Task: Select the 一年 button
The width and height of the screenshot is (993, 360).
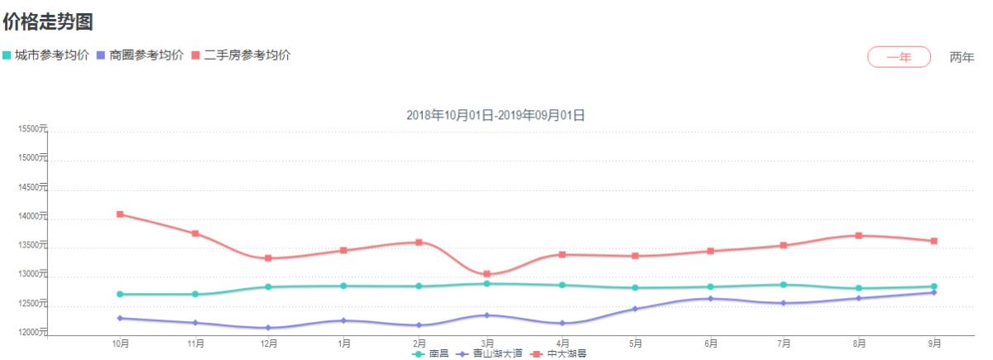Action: pos(899,57)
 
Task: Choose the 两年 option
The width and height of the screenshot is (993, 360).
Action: pos(962,57)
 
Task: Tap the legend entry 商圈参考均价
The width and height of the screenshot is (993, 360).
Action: pos(141,55)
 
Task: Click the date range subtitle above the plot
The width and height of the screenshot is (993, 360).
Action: pos(496,115)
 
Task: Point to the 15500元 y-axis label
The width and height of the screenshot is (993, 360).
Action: pos(32,129)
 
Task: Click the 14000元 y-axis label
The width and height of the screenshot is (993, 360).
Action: pos(32,217)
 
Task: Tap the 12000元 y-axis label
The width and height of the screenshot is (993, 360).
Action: pos(32,333)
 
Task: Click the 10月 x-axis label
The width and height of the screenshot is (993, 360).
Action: pos(120,343)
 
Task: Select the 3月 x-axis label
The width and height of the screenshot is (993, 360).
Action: pos(487,343)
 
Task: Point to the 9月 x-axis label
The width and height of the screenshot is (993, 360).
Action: pos(933,343)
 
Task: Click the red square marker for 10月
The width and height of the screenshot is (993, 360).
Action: pos(120,214)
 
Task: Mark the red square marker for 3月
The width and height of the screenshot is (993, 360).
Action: pos(487,274)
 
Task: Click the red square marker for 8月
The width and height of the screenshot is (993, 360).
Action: pos(859,236)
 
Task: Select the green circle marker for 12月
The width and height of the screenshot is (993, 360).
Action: pos(268,286)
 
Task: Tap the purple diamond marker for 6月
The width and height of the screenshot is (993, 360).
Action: pos(710,299)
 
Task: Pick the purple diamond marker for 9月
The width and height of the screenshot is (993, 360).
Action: pos(933,292)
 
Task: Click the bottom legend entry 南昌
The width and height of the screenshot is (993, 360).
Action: pos(431,354)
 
